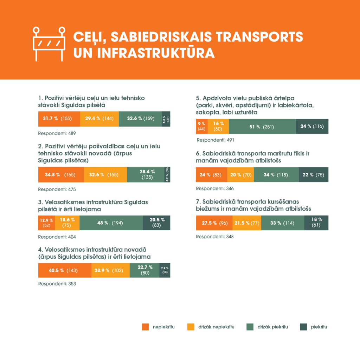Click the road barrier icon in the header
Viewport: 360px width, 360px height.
coord(49,44)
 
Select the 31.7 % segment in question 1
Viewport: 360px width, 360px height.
coord(59,118)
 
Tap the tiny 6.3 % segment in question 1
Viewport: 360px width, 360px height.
coord(166,118)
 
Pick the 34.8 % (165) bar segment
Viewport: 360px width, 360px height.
coord(61,174)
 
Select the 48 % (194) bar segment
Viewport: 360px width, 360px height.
coord(111,223)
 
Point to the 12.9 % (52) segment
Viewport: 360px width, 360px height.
coord(46,223)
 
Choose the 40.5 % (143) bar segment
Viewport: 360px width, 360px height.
coord(65,270)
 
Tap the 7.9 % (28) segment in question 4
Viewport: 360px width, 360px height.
coord(165,270)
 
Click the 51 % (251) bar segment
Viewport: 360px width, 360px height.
coord(262,127)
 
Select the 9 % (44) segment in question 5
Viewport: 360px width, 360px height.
coord(201,127)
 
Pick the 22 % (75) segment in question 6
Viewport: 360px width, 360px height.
coord(313,175)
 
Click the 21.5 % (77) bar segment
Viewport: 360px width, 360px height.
coord(247,223)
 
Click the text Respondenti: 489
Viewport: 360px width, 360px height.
coord(57,134)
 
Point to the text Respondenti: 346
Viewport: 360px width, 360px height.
coord(215,188)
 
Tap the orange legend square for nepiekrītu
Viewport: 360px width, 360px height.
coord(146,327)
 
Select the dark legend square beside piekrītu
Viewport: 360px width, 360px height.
coord(303,327)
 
